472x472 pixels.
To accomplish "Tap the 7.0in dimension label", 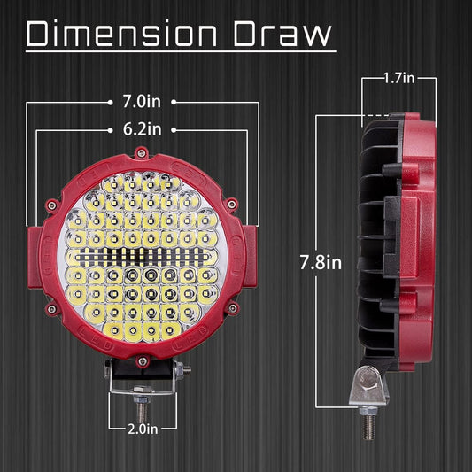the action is click(142, 102).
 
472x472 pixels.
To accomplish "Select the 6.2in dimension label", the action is click(142, 129).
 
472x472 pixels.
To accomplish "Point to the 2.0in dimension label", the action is click(143, 429).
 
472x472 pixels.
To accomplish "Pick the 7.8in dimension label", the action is click(321, 262).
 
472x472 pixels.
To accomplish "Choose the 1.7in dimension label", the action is click(399, 78).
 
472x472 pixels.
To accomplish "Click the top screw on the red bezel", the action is click(141, 152).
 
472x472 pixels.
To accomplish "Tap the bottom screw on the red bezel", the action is click(143, 360).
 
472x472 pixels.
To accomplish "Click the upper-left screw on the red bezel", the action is click(52, 205).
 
